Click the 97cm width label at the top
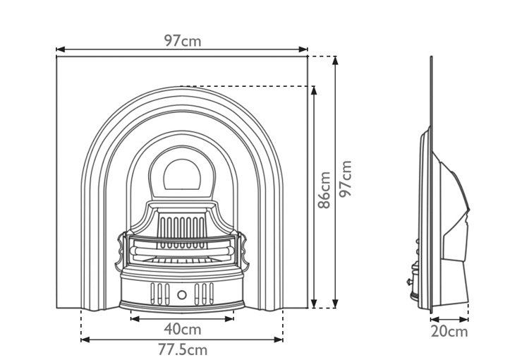tap(183, 41)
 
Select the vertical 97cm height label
tap(346, 179)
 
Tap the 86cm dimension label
tap(324, 190)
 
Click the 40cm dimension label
tap(183, 329)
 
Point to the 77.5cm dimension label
tap(183, 350)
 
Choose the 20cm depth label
tap(449, 332)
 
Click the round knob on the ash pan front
tap(182, 295)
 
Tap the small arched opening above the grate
tap(182, 174)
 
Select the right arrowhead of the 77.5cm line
tap(279, 340)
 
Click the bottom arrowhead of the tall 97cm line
tap(335, 304)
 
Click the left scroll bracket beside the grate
tap(121, 251)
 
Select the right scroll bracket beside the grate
tap(243, 251)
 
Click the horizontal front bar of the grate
tap(182, 251)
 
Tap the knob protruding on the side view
tap(410, 281)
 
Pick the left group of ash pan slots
tap(160, 294)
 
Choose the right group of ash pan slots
tap(204, 294)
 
